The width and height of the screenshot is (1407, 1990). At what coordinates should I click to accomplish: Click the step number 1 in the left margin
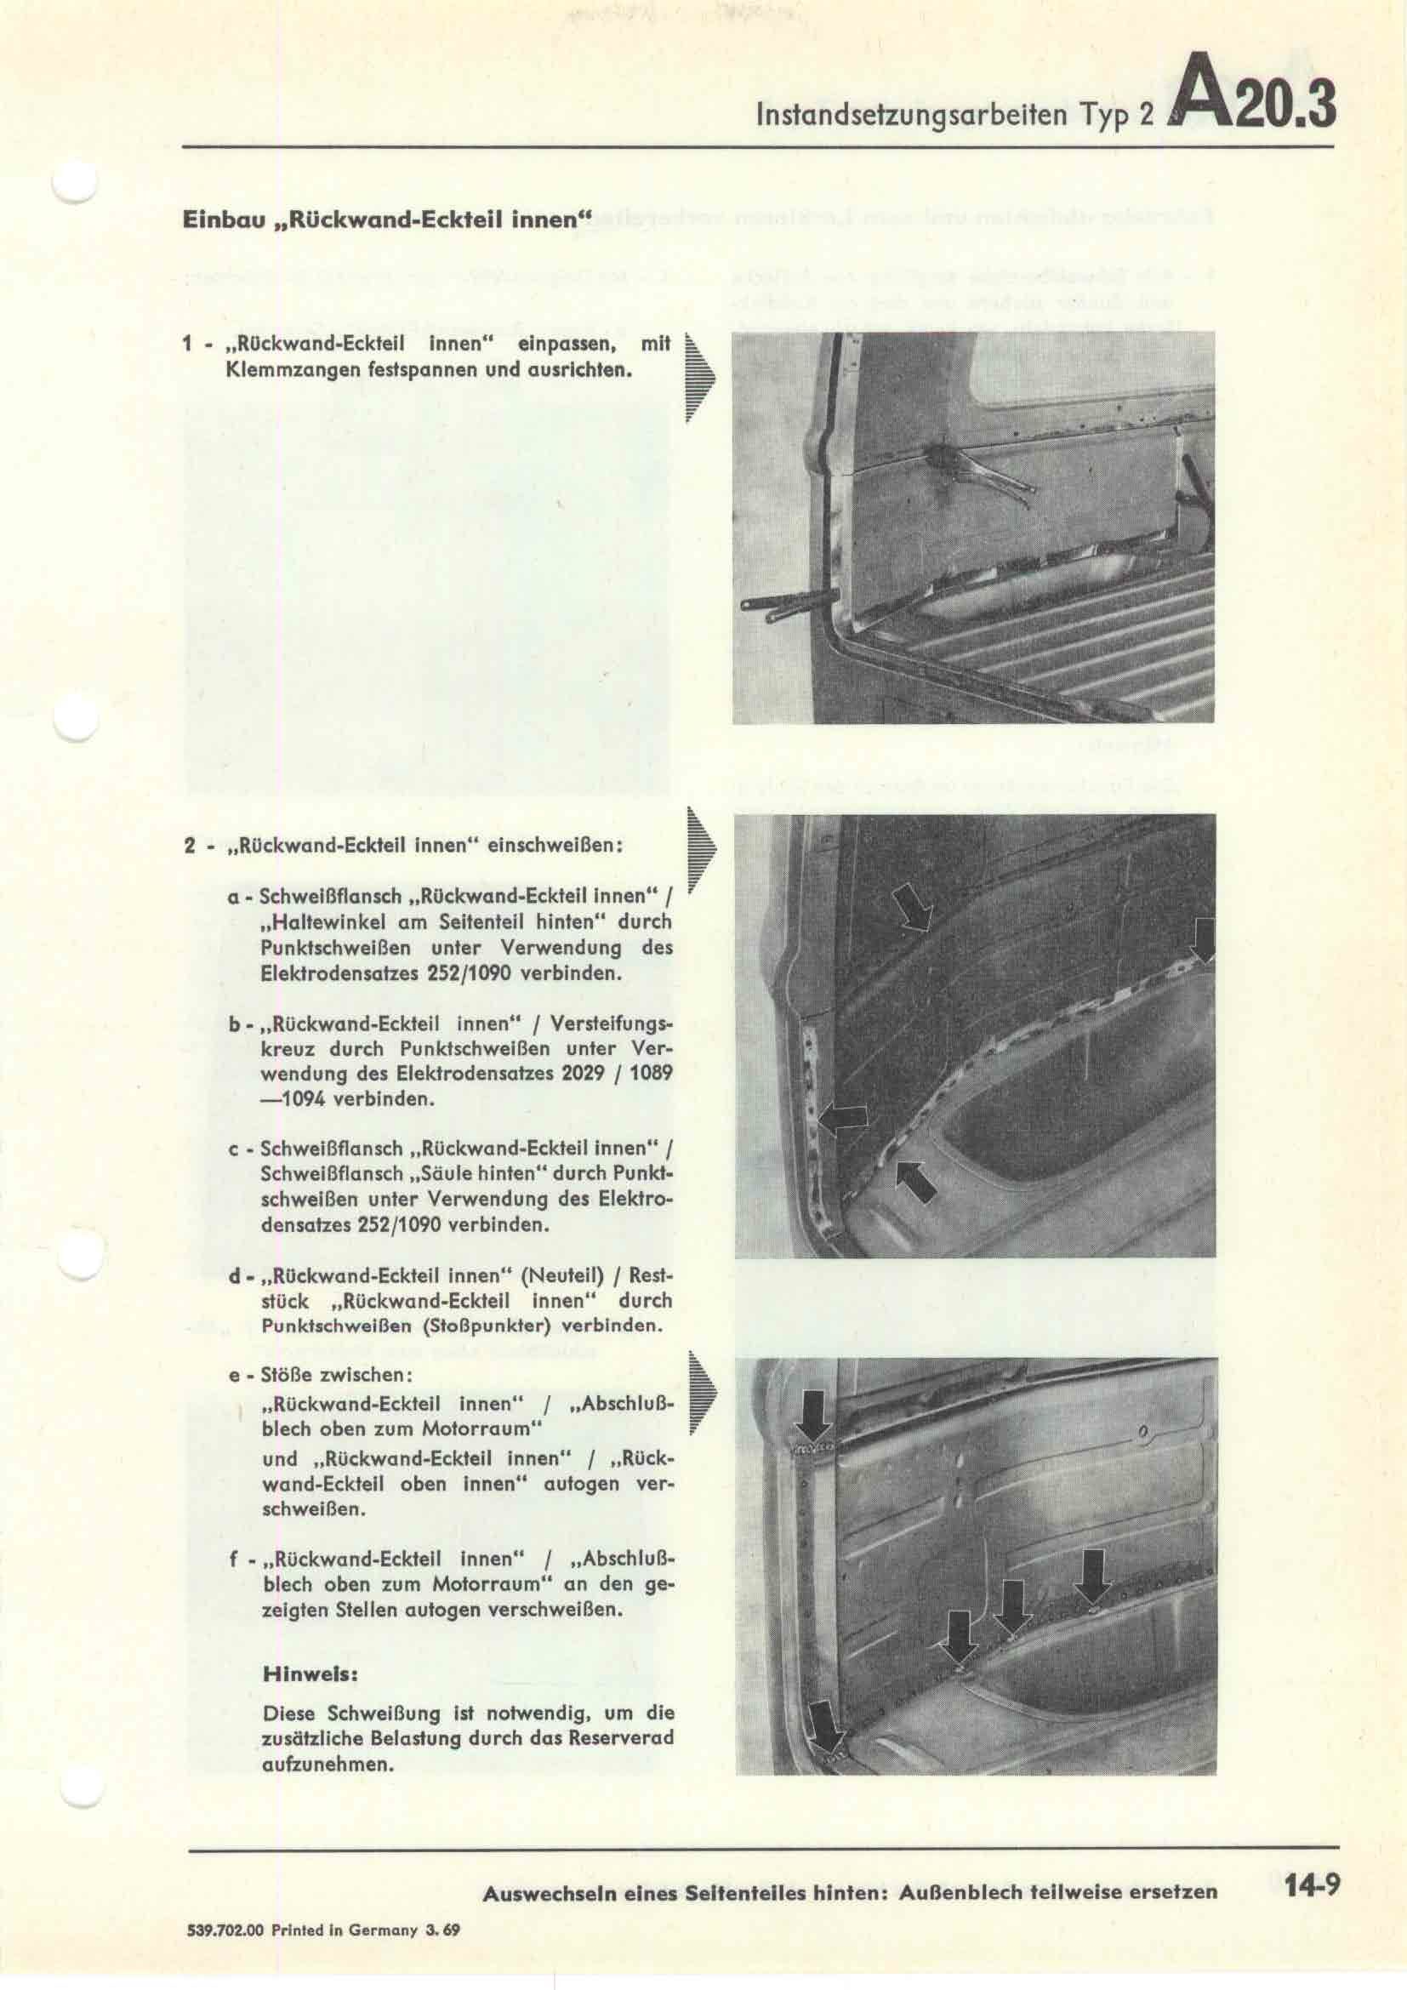click(187, 345)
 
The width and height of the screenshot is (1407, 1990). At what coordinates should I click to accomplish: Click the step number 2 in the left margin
click(189, 845)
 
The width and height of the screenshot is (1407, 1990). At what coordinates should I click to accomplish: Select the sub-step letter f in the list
click(234, 1559)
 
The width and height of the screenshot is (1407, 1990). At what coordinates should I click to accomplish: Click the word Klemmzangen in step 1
click(275, 372)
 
